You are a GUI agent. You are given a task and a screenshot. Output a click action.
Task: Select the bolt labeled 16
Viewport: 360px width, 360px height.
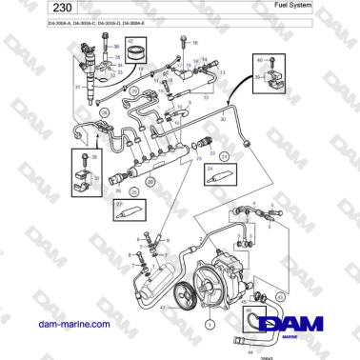click(x=184, y=45)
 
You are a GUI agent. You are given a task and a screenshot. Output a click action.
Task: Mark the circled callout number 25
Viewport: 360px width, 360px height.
click(x=134, y=191)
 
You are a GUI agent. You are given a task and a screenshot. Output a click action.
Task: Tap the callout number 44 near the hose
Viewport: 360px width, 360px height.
click(x=250, y=353)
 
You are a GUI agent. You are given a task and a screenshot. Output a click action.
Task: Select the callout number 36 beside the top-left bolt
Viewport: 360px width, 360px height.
click(x=118, y=45)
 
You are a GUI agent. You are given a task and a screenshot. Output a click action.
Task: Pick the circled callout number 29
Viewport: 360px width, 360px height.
click(x=134, y=90)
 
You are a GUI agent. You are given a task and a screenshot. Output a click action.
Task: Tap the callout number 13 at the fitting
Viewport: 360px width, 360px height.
click(x=222, y=72)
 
